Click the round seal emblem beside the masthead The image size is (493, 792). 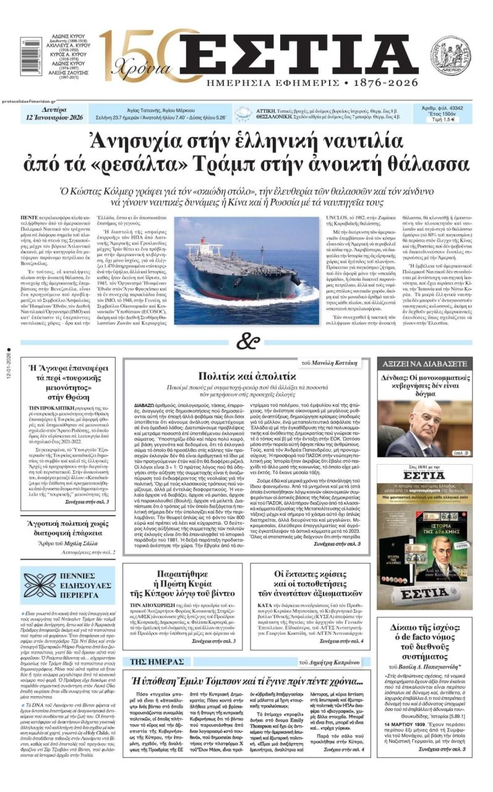click(x=450, y=56)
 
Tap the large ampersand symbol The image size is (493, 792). click(x=247, y=341)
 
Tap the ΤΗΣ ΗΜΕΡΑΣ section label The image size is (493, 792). click(x=156, y=661)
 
